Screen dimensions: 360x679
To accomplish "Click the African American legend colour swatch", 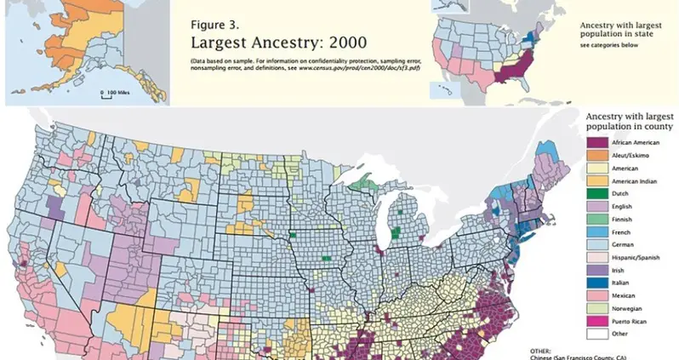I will [594, 143].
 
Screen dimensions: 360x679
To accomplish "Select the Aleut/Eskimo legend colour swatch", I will [594, 157].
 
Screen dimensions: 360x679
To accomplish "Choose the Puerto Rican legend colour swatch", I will [594, 320].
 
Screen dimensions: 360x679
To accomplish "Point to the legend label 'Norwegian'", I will [624, 306].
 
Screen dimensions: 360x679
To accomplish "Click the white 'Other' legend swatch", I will [594, 334].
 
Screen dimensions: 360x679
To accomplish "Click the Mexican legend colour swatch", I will [594, 293].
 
